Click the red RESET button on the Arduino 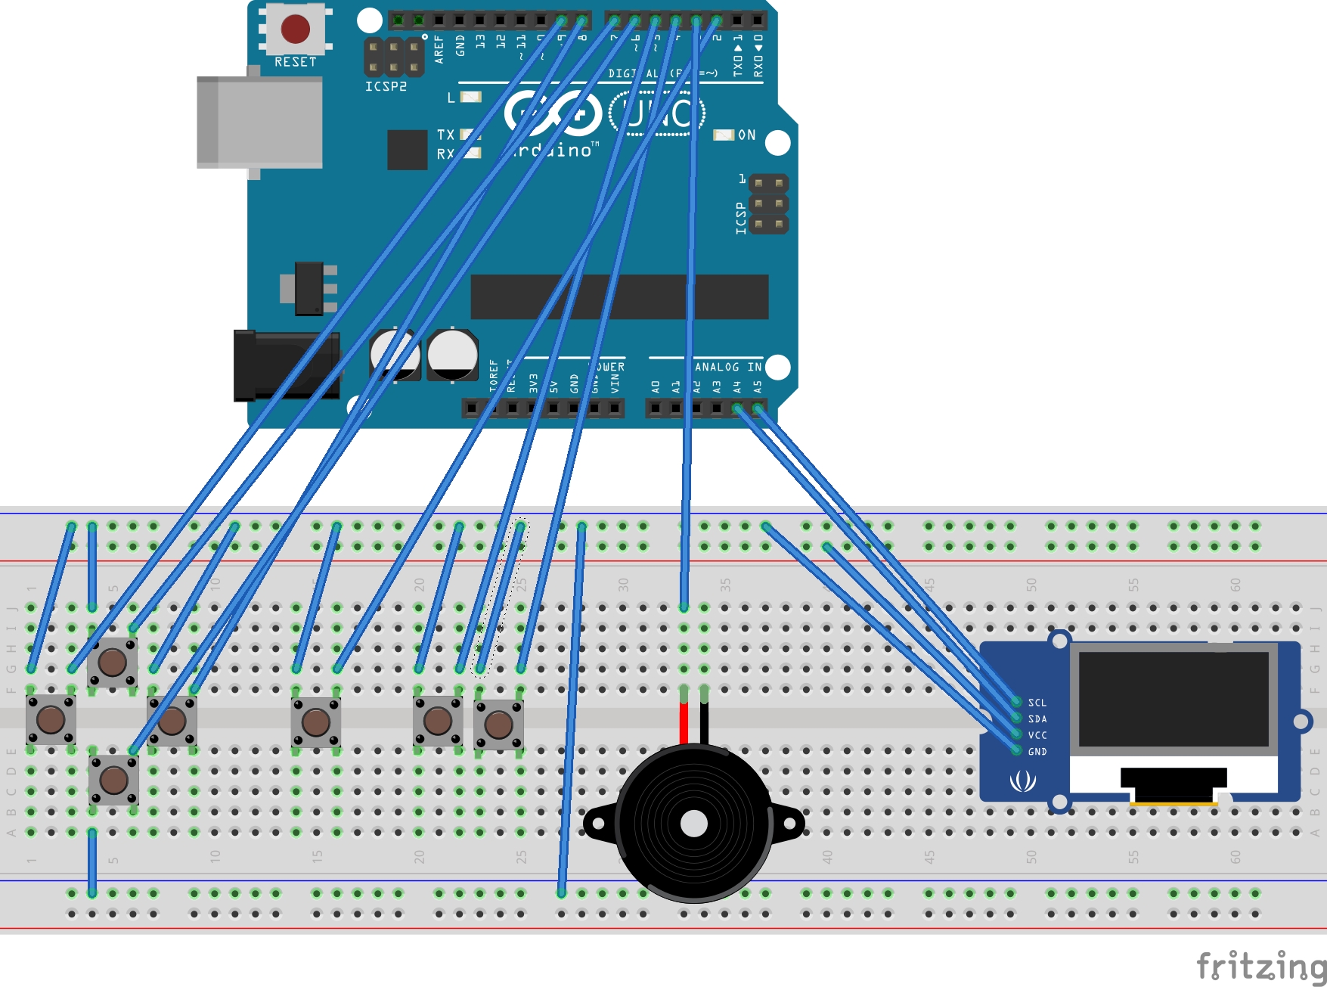click(x=295, y=29)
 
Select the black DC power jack click(x=284, y=365)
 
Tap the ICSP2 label click(x=386, y=87)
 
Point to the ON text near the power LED click(x=746, y=135)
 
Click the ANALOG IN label click(x=727, y=367)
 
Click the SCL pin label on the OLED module click(x=1037, y=703)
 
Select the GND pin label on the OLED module click(x=1037, y=752)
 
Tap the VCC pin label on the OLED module click(x=1037, y=735)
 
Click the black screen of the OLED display click(x=1173, y=699)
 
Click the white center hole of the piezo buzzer click(x=693, y=824)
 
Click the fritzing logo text click(x=1260, y=966)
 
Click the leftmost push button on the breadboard click(x=51, y=719)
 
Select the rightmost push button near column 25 click(x=498, y=725)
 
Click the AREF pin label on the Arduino click(x=439, y=50)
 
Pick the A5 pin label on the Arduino click(x=758, y=386)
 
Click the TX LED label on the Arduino click(x=445, y=135)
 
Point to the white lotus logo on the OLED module click(x=1022, y=781)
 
